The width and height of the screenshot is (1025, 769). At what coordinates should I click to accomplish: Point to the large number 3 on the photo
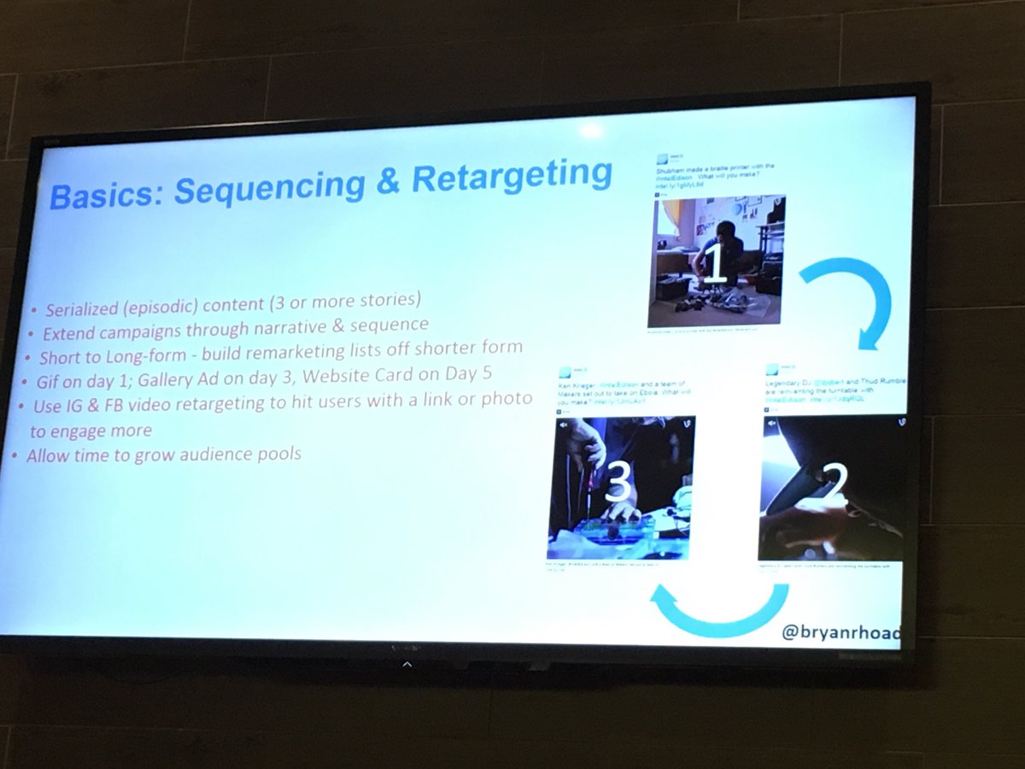click(x=618, y=487)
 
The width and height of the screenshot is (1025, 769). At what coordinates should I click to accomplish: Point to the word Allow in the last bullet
click(x=48, y=455)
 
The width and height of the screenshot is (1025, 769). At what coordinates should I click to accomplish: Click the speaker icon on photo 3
click(x=563, y=423)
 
